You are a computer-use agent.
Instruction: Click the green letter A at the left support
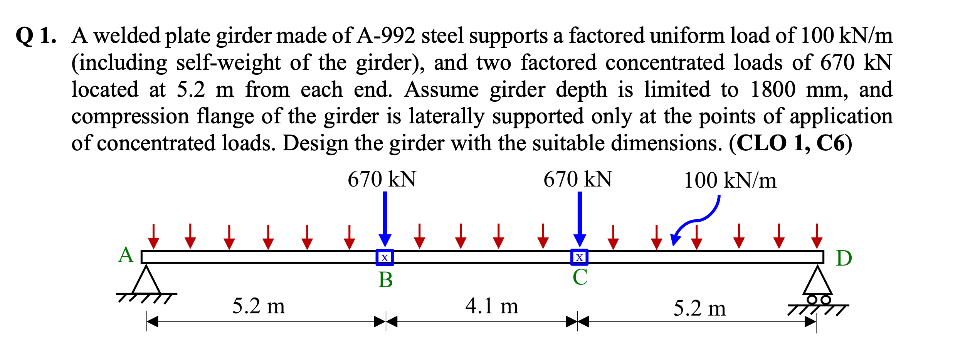tap(126, 256)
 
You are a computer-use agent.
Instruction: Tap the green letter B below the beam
tap(385, 280)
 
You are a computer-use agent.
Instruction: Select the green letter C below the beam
tap(580, 278)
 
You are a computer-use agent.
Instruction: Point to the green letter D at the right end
tap(844, 259)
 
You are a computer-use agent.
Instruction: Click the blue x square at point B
tap(385, 257)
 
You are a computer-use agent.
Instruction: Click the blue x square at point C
tap(579, 257)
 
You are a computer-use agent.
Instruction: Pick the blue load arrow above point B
tap(385, 218)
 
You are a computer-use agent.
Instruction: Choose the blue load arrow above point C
tap(580, 218)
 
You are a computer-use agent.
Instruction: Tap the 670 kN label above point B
tap(382, 180)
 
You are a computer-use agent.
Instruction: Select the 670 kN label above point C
tap(578, 180)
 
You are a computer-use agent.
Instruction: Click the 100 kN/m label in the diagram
tap(730, 181)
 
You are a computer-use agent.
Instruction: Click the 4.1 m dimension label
tap(492, 306)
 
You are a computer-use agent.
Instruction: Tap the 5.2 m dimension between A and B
tap(259, 307)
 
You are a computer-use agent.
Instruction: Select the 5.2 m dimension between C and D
tap(699, 309)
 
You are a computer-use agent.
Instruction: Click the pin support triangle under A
tap(146, 281)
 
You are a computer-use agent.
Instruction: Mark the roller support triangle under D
tap(817, 281)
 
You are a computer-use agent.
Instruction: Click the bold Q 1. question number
tap(36, 36)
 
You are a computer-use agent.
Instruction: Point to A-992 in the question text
tap(386, 36)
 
